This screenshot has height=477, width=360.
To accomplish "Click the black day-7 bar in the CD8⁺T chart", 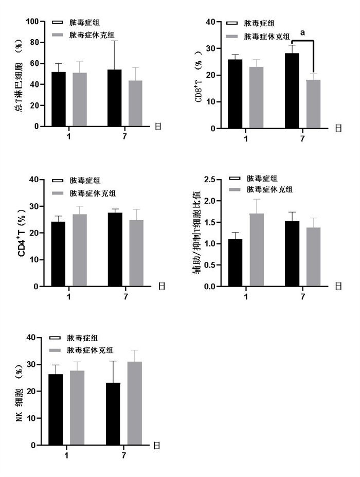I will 292,91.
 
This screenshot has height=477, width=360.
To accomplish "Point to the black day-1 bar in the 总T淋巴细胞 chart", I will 59,99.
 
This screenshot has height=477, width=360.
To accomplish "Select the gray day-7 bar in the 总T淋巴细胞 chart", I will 136,103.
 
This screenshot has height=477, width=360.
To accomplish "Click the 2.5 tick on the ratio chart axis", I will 208,180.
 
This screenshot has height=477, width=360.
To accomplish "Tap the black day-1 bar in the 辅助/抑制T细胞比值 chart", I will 236,262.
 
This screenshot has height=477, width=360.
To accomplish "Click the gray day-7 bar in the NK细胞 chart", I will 135,403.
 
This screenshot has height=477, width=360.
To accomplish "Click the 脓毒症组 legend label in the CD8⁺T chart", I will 260,23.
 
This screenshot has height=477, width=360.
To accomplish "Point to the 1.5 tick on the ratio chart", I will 208,222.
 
